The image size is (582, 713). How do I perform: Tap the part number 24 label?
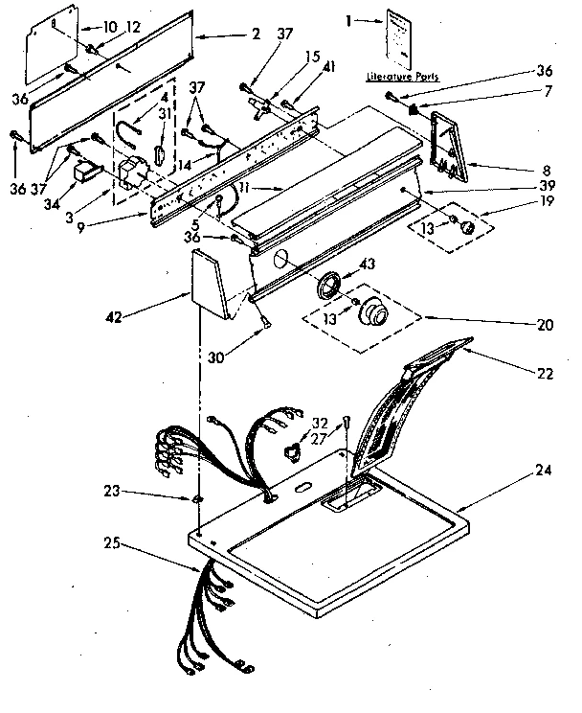point(545,470)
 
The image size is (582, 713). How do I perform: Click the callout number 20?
point(546,324)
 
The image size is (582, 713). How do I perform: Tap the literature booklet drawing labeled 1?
point(401,39)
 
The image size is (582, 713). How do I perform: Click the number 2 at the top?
point(257,34)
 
